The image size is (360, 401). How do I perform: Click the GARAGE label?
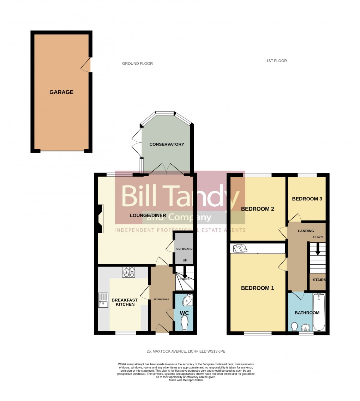point(61,92)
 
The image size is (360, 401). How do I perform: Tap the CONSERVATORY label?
point(167,144)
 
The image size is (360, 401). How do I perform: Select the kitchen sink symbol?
point(103,300)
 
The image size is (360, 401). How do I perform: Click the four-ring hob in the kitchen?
point(129,272)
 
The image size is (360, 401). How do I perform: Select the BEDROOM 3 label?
point(307,199)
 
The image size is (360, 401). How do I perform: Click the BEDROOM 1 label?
point(257,288)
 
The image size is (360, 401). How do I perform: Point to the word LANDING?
point(306,231)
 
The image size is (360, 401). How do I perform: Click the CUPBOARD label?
point(184,249)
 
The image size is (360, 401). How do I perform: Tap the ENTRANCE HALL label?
point(161,299)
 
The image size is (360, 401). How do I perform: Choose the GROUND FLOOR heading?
point(137,64)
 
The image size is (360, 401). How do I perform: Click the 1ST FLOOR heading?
point(276,61)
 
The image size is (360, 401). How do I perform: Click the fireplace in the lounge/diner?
point(100,219)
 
